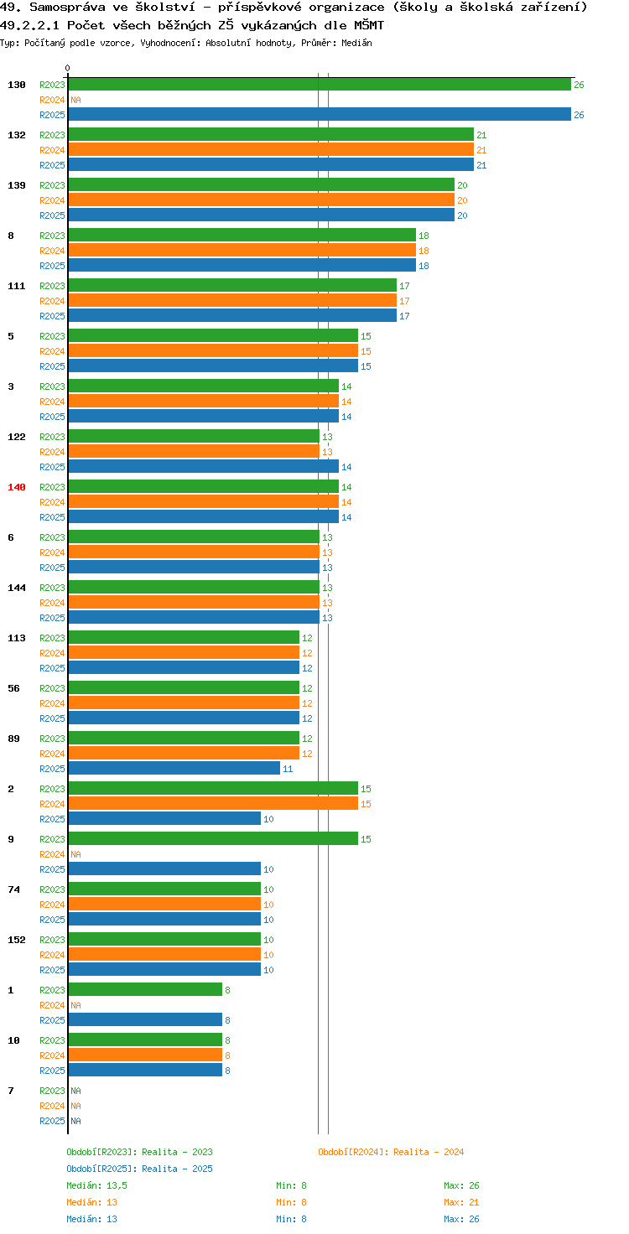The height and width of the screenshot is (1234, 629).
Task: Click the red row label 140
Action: (x=17, y=487)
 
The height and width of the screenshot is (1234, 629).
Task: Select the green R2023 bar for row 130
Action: (x=320, y=85)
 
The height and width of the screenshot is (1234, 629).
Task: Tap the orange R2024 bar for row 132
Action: (x=271, y=150)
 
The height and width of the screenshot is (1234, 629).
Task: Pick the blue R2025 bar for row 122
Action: (x=204, y=467)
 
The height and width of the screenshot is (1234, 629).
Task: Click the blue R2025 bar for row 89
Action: (x=174, y=769)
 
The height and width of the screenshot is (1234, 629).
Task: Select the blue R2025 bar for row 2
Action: (x=164, y=819)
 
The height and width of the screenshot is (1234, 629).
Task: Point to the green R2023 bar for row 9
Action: (x=213, y=838)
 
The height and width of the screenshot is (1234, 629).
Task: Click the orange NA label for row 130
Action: (x=76, y=100)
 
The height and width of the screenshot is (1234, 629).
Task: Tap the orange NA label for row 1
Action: (x=76, y=1005)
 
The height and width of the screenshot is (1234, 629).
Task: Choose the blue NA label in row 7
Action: (x=76, y=1121)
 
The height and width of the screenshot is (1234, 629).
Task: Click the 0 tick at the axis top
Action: (x=67, y=68)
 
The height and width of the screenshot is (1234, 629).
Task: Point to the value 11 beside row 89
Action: (x=288, y=769)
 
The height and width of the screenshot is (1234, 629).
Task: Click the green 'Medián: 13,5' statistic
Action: (x=97, y=1185)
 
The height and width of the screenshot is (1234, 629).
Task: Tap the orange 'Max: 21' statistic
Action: (x=461, y=1202)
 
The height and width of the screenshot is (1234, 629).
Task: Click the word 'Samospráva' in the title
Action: (x=67, y=8)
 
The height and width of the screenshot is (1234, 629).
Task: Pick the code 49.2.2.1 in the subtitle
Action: (x=29, y=25)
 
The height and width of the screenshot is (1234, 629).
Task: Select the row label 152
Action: (x=17, y=940)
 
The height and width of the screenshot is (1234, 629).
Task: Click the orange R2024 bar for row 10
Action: (x=145, y=1055)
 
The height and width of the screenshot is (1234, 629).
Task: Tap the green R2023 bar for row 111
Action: (x=232, y=285)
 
